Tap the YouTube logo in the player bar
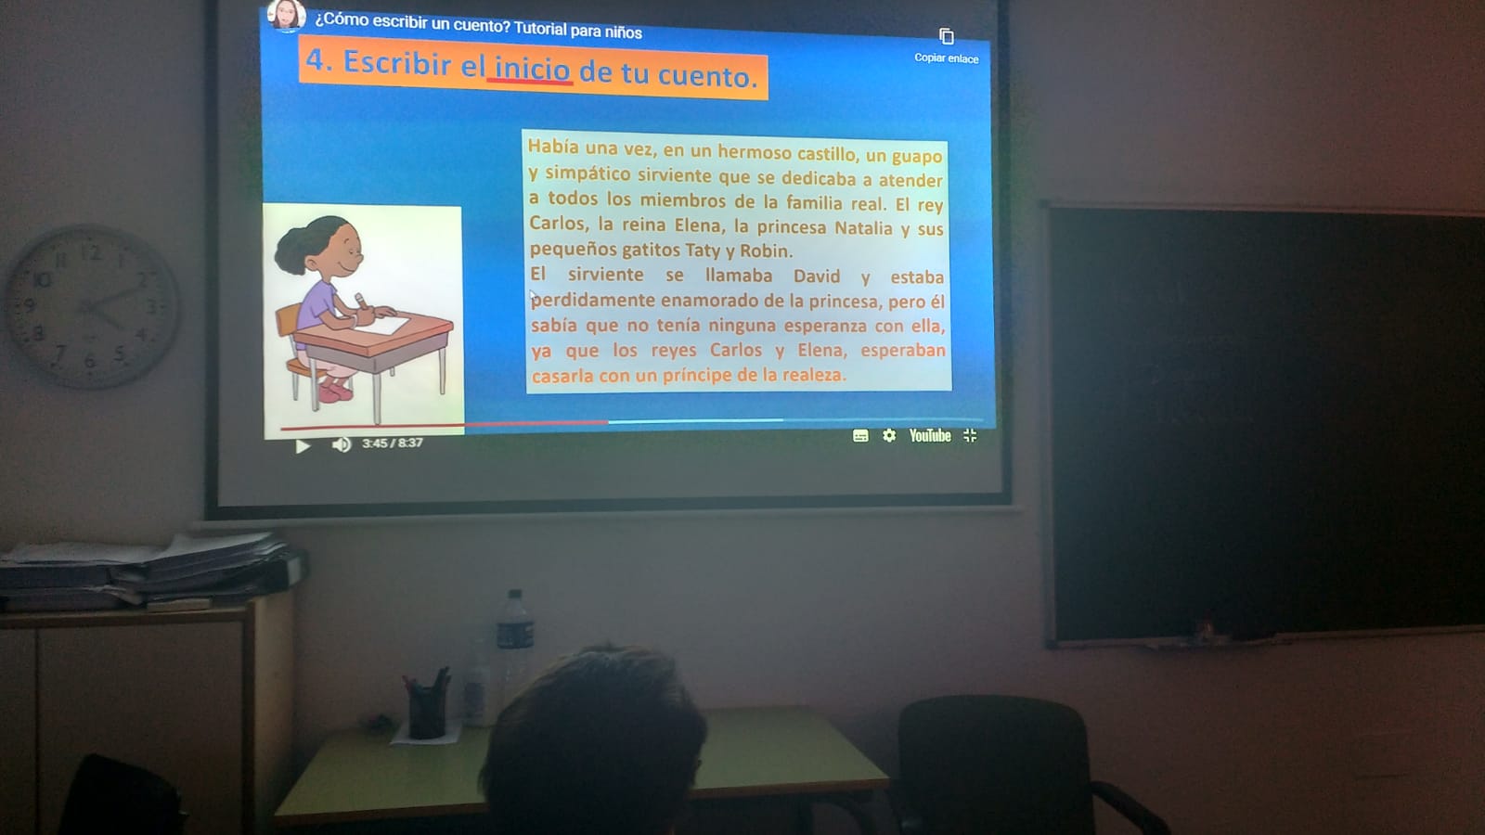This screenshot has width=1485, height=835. pos(929,435)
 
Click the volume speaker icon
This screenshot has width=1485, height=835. pos(342,444)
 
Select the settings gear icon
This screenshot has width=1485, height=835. pos(889,435)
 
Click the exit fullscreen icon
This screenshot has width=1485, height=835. pos(970,435)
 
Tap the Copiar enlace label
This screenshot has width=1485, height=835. pos(946,58)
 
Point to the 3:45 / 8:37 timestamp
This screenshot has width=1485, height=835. pos(392,443)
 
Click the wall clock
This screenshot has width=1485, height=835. pos(92,307)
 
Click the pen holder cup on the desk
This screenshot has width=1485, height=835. pos(426,710)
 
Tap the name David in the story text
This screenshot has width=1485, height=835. pos(816,276)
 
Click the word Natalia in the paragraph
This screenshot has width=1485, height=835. pos(863,228)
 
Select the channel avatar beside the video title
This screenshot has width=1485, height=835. pos(287,15)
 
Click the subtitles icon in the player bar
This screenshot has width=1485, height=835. pos(860,435)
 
